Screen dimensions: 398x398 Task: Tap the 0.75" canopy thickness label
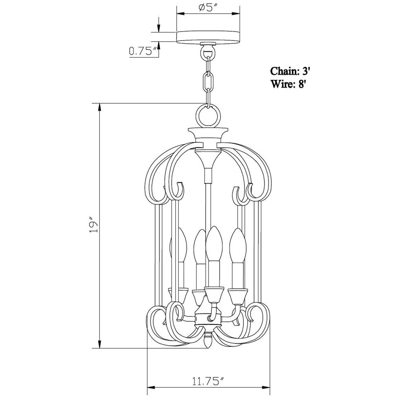coord(143,51)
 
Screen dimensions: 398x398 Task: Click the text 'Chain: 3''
coord(291,71)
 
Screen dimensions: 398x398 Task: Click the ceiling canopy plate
coord(208,37)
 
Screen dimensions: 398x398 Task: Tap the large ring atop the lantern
coord(208,114)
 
